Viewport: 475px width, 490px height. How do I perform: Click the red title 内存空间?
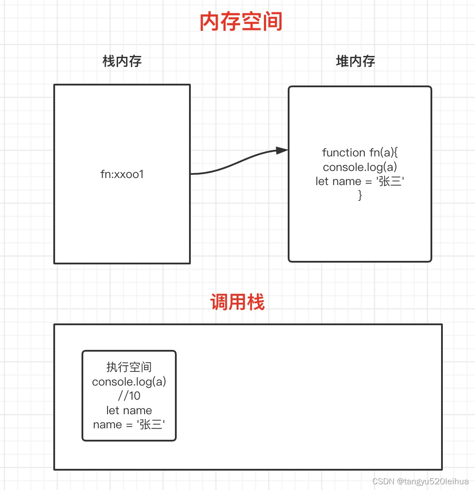(x=241, y=22)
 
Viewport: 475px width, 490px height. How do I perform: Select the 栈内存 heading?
(x=122, y=61)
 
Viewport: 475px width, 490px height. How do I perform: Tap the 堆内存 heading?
(x=355, y=61)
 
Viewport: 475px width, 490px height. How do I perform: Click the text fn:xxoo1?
(x=122, y=174)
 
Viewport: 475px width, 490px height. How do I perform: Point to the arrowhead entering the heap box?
(x=282, y=151)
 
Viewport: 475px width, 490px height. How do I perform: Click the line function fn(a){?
(x=360, y=152)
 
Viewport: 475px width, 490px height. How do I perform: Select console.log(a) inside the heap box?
(x=360, y=167)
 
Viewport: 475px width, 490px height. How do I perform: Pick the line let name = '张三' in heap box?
(x=360, y=181)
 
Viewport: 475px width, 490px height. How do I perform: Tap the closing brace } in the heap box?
(x=360, y=195)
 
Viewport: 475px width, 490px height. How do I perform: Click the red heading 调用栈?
(x=237, y=303)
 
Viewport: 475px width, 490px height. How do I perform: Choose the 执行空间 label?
(x=129, y=367)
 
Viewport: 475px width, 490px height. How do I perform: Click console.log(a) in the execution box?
(x=129, y=381)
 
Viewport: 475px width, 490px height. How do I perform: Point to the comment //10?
(x=129, y=396)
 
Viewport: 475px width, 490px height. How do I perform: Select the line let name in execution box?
(x=129, y=410)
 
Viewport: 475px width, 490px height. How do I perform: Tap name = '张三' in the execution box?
(x=129, y=424)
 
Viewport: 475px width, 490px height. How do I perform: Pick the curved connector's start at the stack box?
(x=191, y=174)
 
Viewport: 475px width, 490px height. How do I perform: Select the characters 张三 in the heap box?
(x=390, y=181)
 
